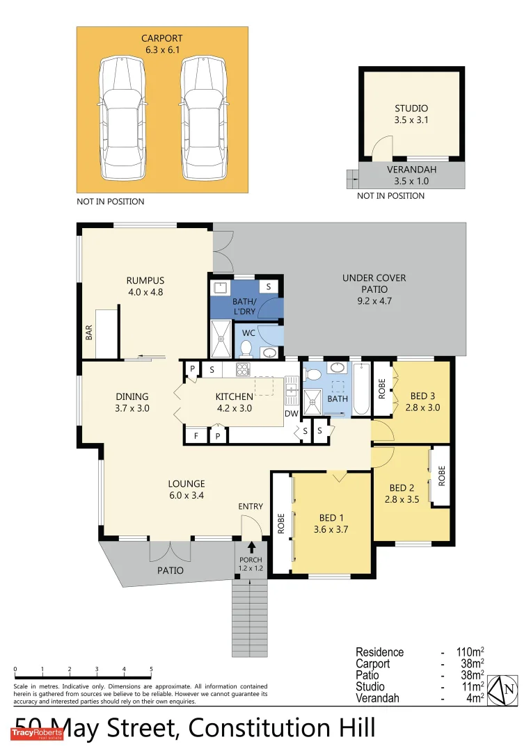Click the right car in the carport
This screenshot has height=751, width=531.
[x=204, y=118]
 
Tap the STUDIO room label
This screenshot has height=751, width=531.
[x=411, y=114]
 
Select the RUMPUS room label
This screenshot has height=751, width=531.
[x=145, y=286]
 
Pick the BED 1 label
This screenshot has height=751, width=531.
[x=331, y=524]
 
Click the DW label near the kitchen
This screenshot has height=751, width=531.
[x=292, y=414]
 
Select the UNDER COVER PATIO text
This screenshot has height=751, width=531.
[x=374, y=289]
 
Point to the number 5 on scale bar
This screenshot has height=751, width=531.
[x=151, y=670]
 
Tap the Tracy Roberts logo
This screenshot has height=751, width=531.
[x=37, y=734]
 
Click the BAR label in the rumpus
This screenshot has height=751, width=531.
[x=89, y=334]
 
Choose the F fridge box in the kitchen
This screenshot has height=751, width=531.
[x=196, y=436]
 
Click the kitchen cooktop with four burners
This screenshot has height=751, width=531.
[x=243, y=369]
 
